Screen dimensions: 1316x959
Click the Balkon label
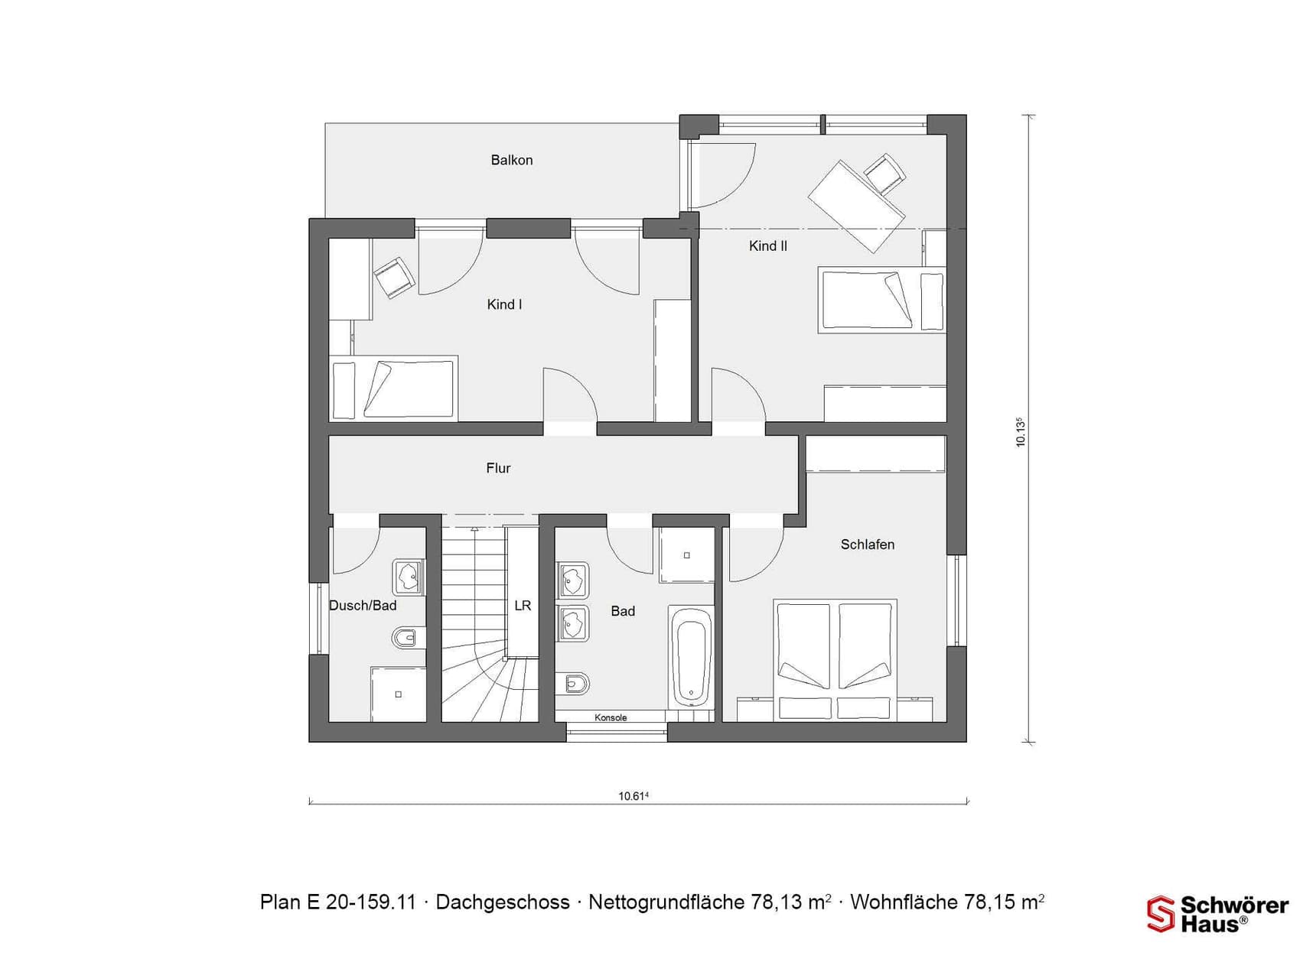tap(512, 160)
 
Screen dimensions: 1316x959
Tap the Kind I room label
tap(504, 304)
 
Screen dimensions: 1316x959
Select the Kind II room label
tap(768, 245)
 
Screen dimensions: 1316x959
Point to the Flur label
tap(498, 468)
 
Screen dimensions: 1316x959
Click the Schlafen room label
tap(868, 545)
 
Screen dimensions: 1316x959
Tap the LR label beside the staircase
tap(523, 606)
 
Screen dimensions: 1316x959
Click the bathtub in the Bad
tap(692, 655)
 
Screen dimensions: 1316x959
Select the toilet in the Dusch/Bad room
tap(406, 636)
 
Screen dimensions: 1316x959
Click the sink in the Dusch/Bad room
tap(409, 577)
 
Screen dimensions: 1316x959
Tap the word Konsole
tap(611, 717)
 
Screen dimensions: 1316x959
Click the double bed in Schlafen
tap(835, 659)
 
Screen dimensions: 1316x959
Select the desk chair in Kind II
tap(884, 174)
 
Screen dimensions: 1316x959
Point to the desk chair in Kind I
tap(394, 277)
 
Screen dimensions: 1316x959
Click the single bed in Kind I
tap(393, 388)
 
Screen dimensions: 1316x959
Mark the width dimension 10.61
tap(634, 796)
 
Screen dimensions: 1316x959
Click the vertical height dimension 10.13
tap(1020, 432)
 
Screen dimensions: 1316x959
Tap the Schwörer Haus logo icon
tap(1160, 915)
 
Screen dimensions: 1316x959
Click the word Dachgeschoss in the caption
tap(503, 902)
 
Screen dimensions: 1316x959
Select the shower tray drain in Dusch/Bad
tap(398, 694)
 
